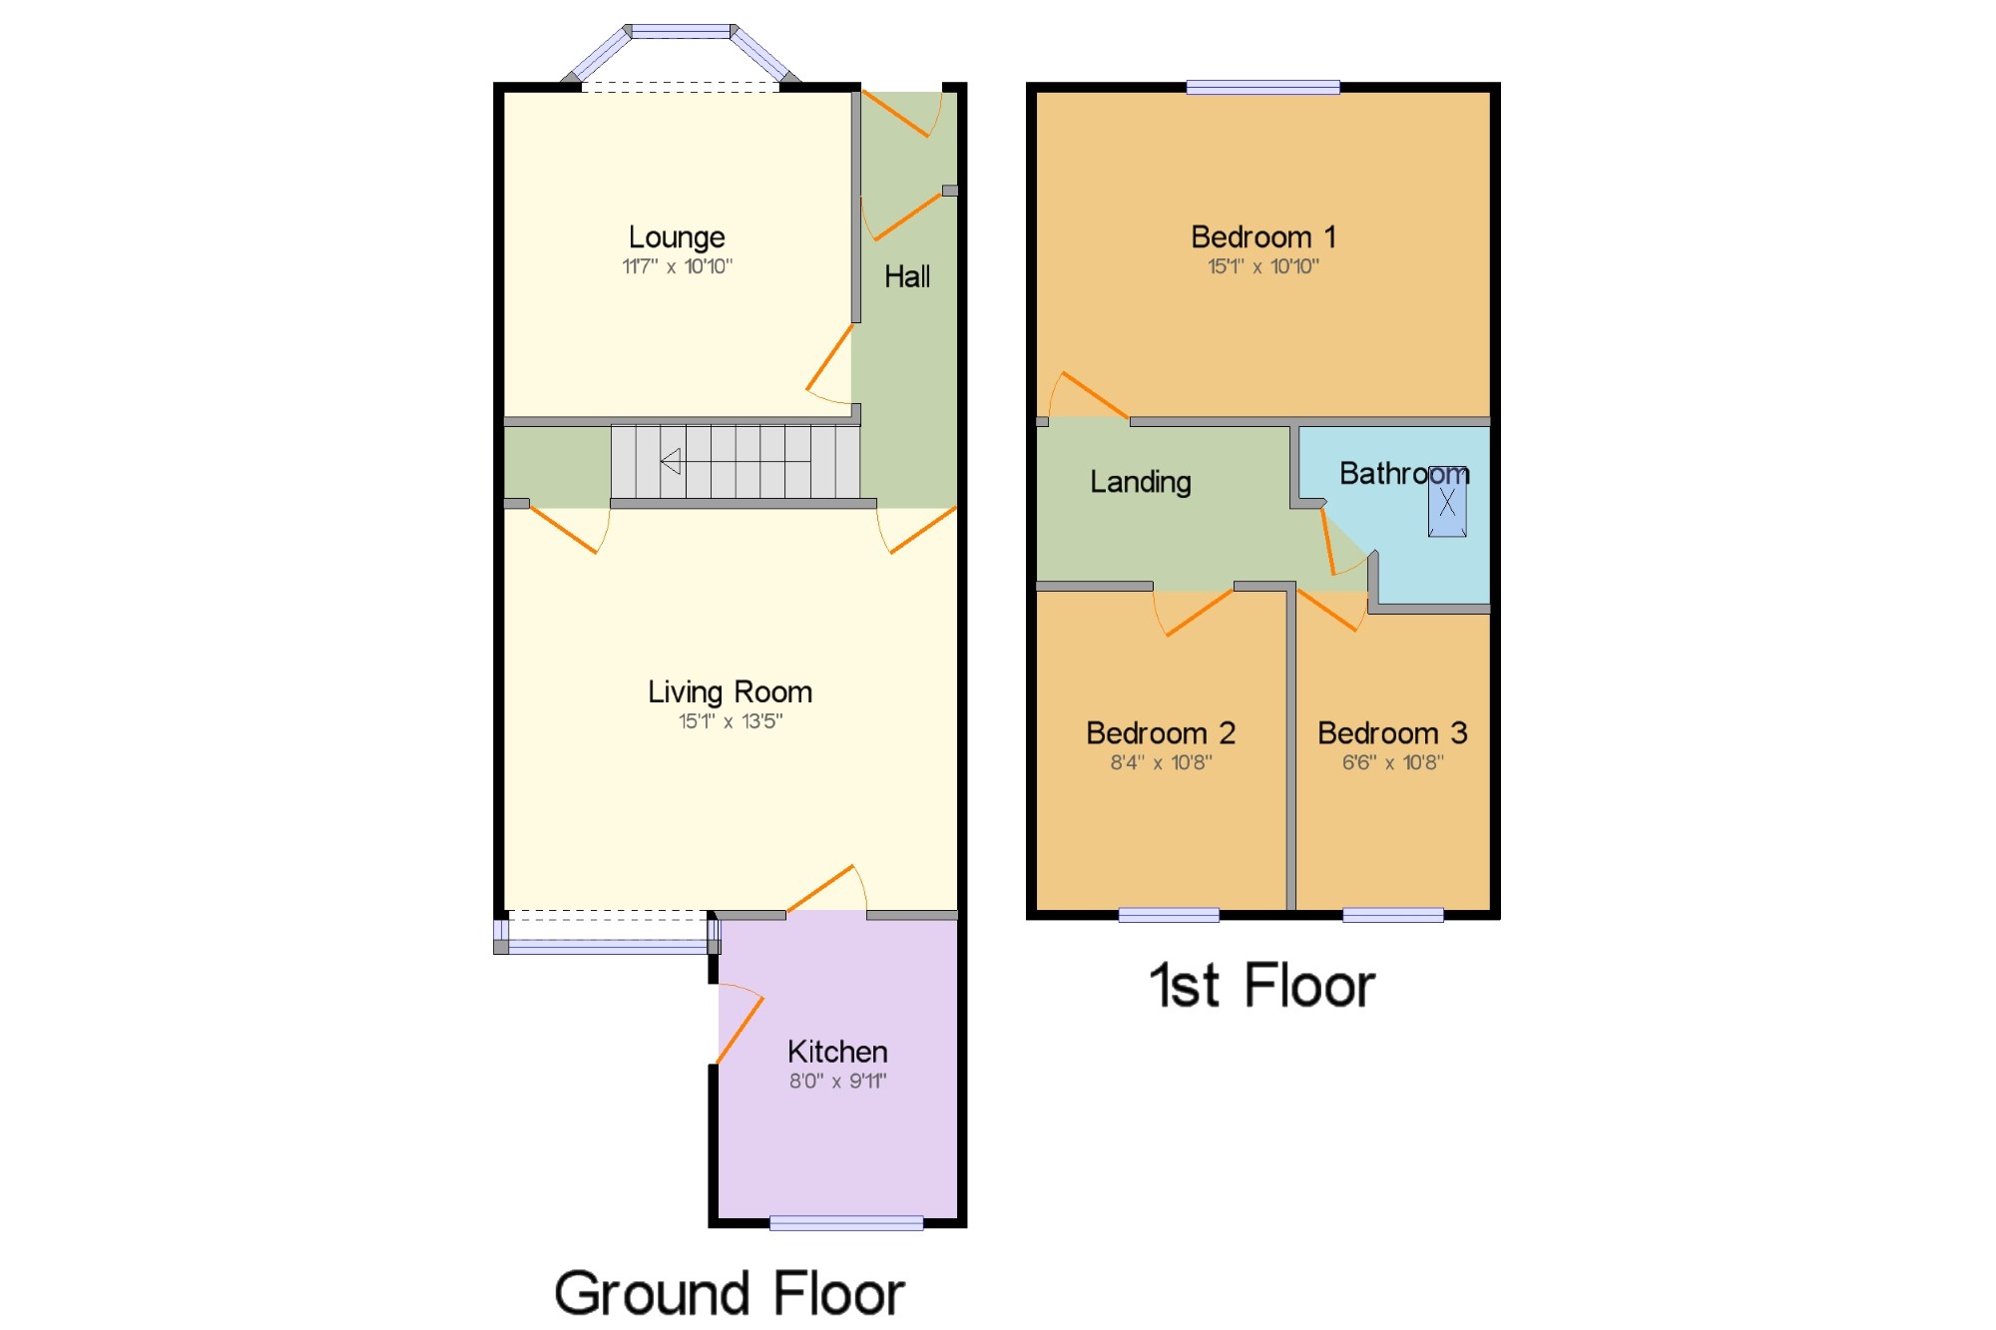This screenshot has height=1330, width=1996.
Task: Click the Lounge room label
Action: [x=677, y=238]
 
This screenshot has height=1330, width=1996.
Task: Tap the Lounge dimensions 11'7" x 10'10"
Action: [x=677, y=266]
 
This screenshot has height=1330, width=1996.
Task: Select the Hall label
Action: [x=907, y=276]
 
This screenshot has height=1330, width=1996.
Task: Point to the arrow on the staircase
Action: [x=736, y=461]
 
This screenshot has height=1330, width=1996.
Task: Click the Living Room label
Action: [x=730, y=692]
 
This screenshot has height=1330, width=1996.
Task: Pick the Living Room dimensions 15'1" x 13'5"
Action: [x=731, y=721]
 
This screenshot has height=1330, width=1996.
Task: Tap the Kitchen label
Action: [x=837, y=1052]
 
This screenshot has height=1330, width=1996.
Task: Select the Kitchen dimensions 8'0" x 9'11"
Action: [x=837, y=1081]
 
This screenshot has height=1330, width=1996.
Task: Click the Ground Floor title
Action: [x=730, y=1294]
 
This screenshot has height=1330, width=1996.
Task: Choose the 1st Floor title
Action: [x=1262, y=986]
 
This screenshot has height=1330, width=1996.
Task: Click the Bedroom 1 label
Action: [x=1262, y=237]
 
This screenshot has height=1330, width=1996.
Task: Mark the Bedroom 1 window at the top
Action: [x=1262, y=88]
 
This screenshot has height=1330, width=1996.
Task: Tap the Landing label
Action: [x=1141, y=483]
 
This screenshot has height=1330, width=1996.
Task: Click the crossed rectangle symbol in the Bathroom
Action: [x=1447, y=502]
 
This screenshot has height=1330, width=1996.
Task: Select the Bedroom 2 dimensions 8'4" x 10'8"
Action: [x=1161, y=763]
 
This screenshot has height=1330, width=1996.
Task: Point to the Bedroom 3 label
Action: [x=1392, y=733]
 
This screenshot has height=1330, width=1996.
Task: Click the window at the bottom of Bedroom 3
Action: [x=1393, y=915]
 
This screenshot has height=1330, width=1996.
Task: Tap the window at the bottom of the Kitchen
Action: [x=846, y=1223]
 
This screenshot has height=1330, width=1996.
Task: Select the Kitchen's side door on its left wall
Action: [x=740, y=1023]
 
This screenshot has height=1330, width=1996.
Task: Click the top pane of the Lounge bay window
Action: [x=681, y=32]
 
